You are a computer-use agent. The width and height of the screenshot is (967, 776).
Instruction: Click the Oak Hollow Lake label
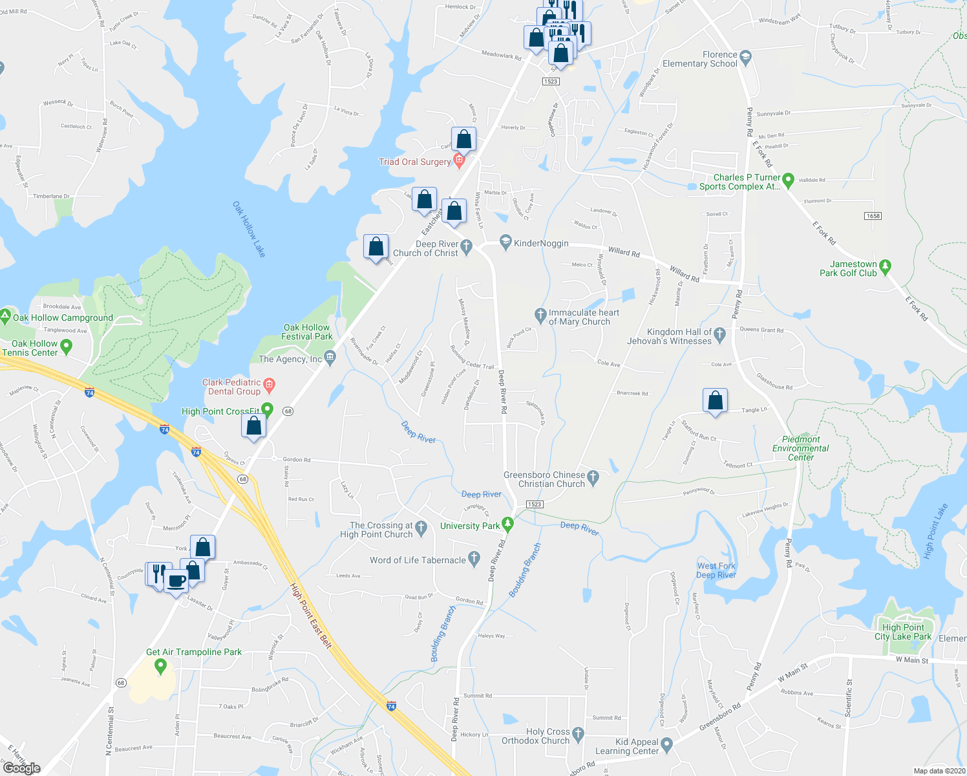tap(249, 229)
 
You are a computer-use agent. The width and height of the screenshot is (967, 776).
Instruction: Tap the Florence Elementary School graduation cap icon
tap(745, 57)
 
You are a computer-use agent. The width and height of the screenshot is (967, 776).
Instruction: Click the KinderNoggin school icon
tap(505, 243)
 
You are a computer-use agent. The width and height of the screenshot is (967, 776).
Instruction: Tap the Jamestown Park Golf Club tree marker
tap(886, 266)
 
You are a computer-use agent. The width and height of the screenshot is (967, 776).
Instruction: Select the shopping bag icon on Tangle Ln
tap(715, 401)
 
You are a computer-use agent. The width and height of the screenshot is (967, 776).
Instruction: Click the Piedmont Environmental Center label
tap(800, 448)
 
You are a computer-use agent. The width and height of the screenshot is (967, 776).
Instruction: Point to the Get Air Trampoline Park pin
tap(161, 665)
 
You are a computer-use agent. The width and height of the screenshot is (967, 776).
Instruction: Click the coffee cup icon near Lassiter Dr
tap(176, 581)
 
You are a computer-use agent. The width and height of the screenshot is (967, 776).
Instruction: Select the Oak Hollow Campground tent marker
tap(5, 318)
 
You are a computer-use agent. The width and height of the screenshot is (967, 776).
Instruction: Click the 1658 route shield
tap(873, 216)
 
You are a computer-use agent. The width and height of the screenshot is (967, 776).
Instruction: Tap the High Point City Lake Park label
tap(903, 632)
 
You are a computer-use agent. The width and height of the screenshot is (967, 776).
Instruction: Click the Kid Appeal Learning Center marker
tap(667, 745)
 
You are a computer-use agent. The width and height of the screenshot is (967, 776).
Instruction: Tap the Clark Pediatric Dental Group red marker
tap(270, 386)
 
